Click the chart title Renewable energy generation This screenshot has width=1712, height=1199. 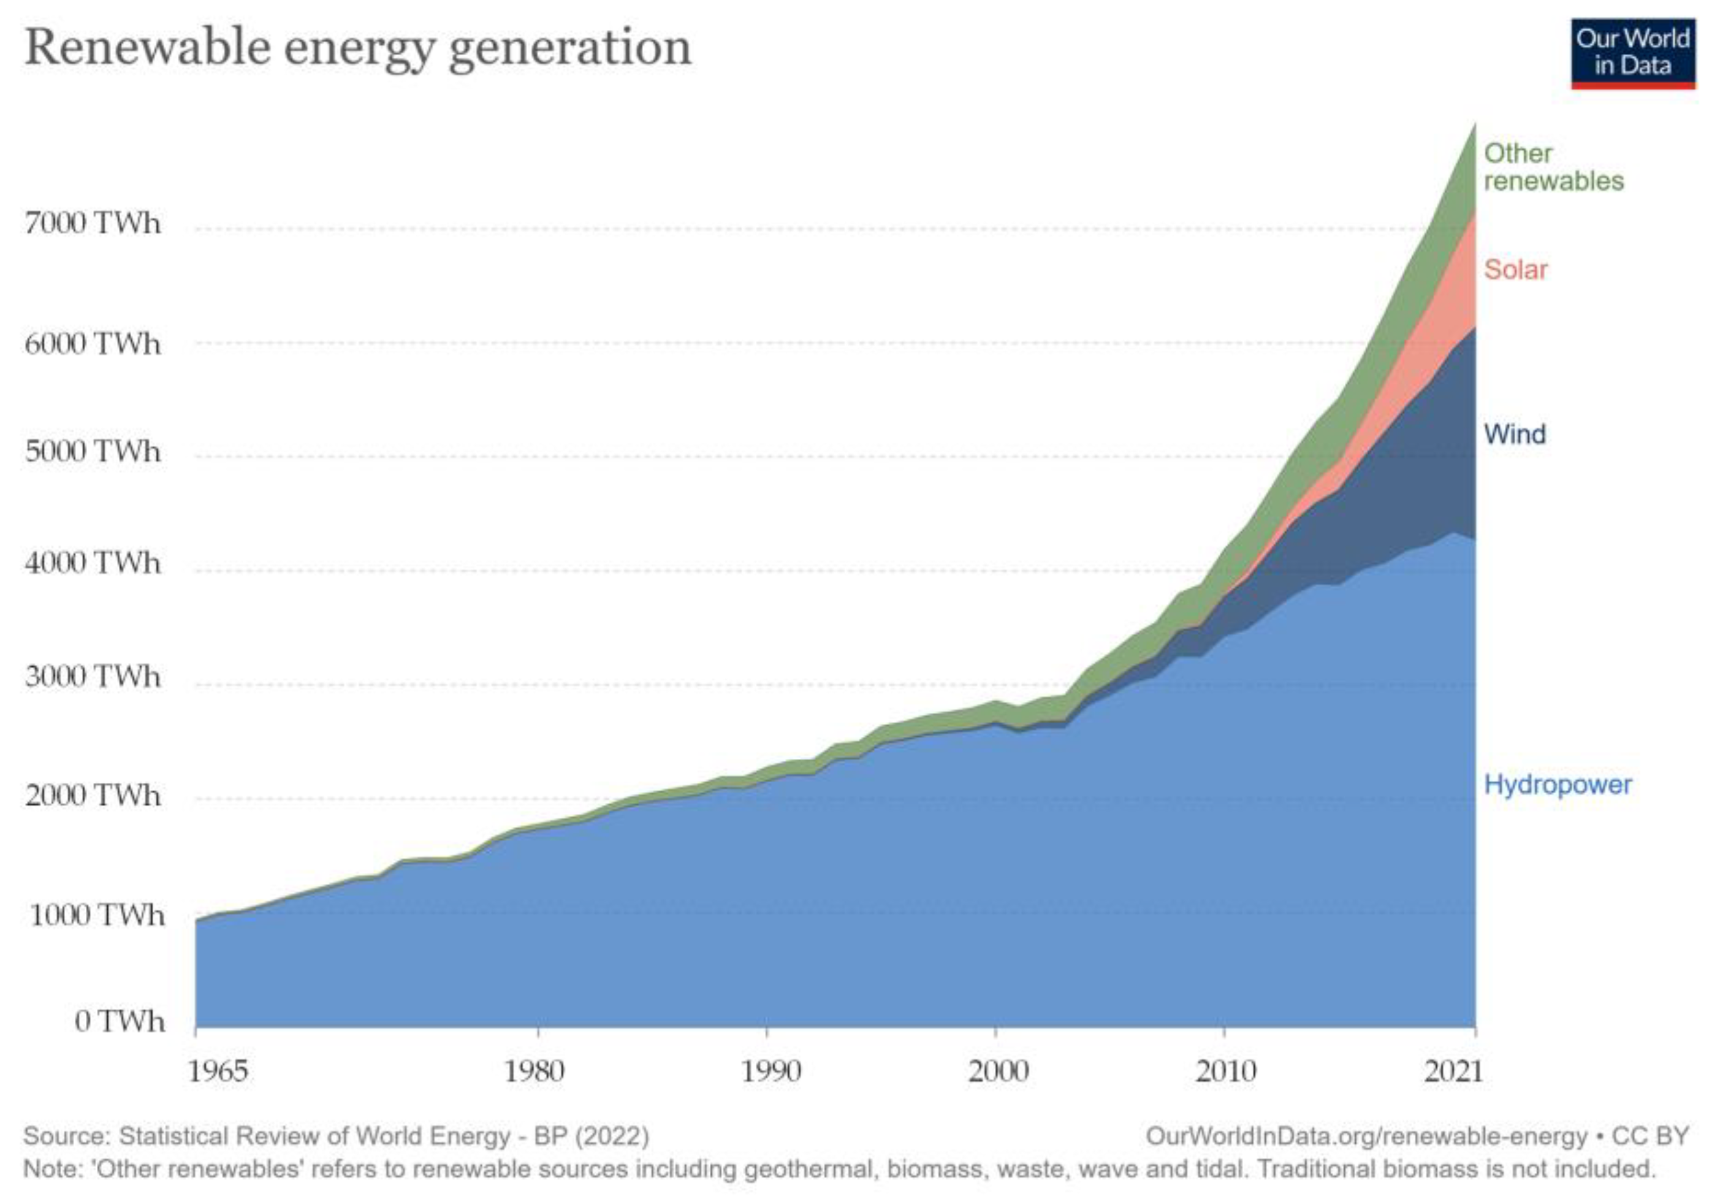358,48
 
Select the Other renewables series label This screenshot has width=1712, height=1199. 1553,167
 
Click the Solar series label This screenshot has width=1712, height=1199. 1515,269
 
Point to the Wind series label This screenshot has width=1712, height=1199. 1515,434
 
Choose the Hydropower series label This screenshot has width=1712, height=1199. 1557,785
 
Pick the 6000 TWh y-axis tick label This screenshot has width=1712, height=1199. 93,344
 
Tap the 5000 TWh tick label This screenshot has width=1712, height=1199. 93,451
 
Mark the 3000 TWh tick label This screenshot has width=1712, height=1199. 93,676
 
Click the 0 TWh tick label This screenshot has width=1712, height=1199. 120,1021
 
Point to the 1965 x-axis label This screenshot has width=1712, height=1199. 217,1071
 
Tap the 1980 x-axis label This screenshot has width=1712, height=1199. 534,1071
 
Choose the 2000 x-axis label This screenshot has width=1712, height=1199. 998,1071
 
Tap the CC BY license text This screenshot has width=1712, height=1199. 1649,1136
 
